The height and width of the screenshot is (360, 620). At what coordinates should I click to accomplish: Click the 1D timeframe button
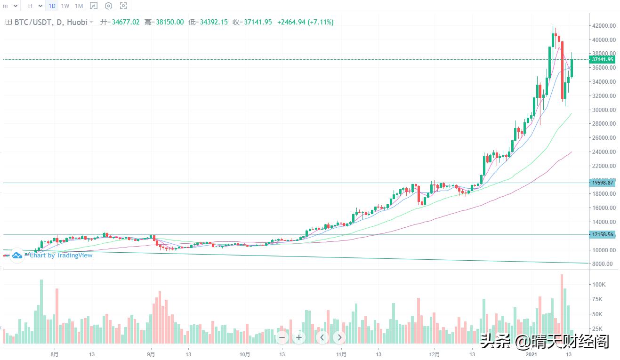point(52,6)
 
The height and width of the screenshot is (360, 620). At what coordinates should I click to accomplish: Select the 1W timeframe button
point(65,6)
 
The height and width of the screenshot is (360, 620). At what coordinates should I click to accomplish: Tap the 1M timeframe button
point(79,6)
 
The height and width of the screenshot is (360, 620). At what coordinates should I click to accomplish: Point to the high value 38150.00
point(164,22)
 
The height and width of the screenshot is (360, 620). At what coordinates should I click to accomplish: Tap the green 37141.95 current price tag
point(602,59)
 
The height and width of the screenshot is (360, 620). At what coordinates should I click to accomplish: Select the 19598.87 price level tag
point(602,183)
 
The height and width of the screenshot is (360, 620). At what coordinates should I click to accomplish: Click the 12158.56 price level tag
point(602,234)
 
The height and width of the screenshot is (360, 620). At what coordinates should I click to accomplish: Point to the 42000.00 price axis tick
point(603,26)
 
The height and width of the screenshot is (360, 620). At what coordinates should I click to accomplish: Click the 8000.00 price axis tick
point(603,264)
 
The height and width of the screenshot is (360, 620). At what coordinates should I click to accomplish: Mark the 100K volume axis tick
point(599,285)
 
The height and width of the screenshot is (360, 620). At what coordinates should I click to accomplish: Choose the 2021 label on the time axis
point(531,353)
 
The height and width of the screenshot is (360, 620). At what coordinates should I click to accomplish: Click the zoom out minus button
point(282,337)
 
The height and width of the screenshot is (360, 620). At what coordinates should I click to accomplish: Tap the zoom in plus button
point(299,337)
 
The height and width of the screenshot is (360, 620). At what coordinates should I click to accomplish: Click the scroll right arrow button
point(339,337)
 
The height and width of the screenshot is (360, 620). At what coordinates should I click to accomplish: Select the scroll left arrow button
point(322,337)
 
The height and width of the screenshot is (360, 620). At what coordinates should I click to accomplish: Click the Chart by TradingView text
point(61,255)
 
